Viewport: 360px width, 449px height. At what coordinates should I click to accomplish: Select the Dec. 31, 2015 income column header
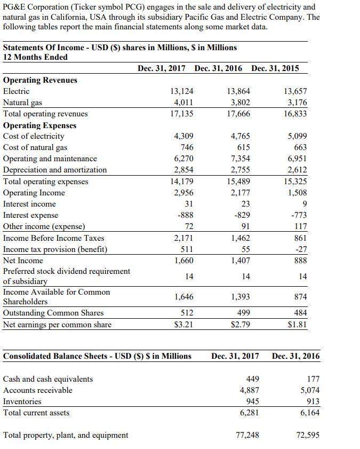point(275,68)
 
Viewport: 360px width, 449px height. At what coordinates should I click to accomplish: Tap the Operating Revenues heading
point(40,80)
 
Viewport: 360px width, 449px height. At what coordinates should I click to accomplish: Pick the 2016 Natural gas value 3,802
point(238,103)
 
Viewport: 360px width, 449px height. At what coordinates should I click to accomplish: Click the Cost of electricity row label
point(34,136)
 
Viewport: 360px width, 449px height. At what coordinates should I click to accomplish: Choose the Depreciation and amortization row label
point(55,170)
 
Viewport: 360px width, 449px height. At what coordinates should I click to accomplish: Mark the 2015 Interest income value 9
point(303,204)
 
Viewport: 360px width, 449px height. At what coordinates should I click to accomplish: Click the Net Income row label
point(23,261)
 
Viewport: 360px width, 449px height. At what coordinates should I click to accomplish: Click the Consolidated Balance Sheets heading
point(97,356)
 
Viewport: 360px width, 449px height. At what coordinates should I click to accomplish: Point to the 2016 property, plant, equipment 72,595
point(307,435)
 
